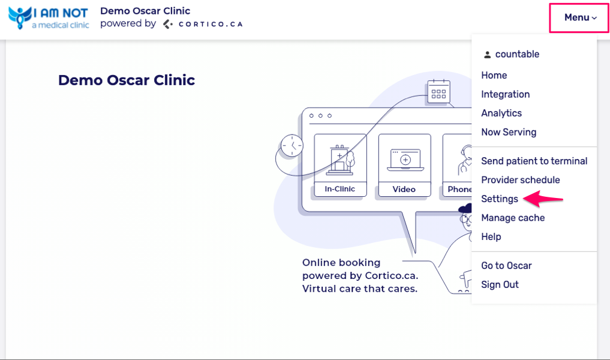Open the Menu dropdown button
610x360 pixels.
tap(580, 17)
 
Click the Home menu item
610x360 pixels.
tap(494, 75)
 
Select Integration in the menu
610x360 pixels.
tap(505, 94)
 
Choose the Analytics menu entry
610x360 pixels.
tap(501, 113)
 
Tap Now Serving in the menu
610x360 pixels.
tap(509, 132)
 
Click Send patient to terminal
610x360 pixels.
tap(534, 161)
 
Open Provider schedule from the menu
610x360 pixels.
tap(520, 180)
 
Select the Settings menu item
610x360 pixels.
tap(499, 199)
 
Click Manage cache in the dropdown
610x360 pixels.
tap(513, 218)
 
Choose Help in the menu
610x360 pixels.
tap(491, 236)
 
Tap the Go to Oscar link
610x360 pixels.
tap(506, 265)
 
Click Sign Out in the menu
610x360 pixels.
tap(500, 284)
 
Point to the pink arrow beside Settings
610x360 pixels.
tap(543, 198)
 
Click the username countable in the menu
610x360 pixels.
tap(516, 54)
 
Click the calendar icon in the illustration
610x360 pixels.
tap(439, 92)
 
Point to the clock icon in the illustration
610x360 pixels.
tap(292, 146)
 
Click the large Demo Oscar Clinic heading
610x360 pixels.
tap(127, 80)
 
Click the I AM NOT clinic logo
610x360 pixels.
tap(49, 18)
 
